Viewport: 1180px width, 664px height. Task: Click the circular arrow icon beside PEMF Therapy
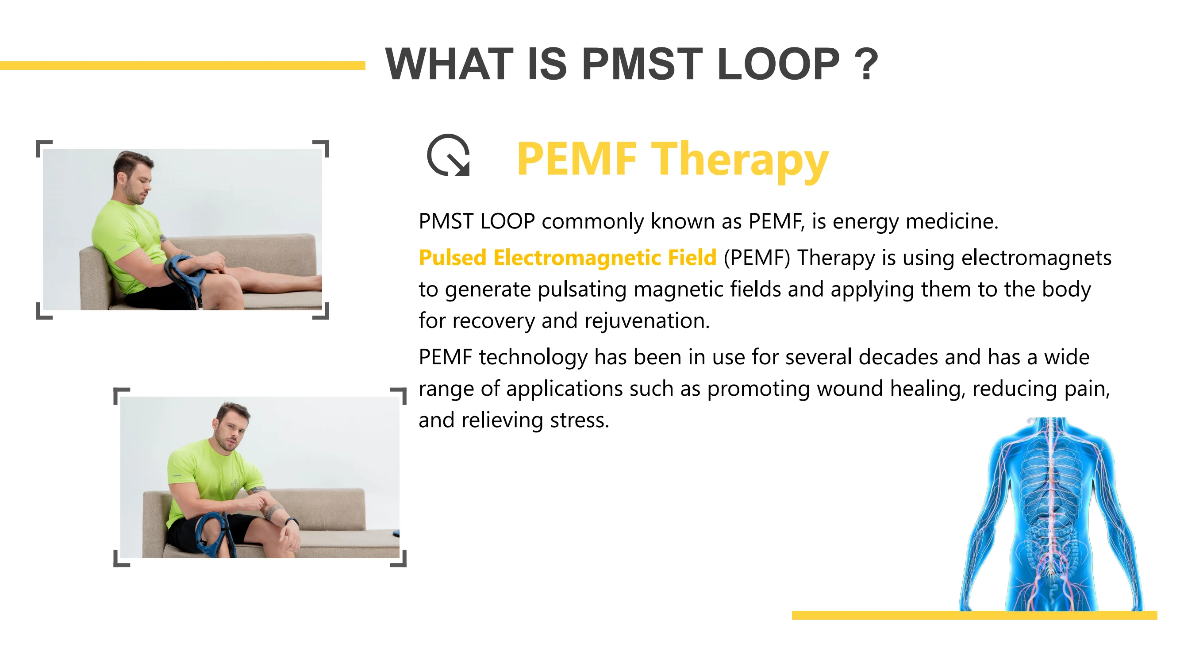449,156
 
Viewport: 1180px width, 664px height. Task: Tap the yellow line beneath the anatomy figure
974,615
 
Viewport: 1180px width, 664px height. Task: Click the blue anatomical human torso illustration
1051,513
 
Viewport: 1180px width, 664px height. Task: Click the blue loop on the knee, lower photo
213,534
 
